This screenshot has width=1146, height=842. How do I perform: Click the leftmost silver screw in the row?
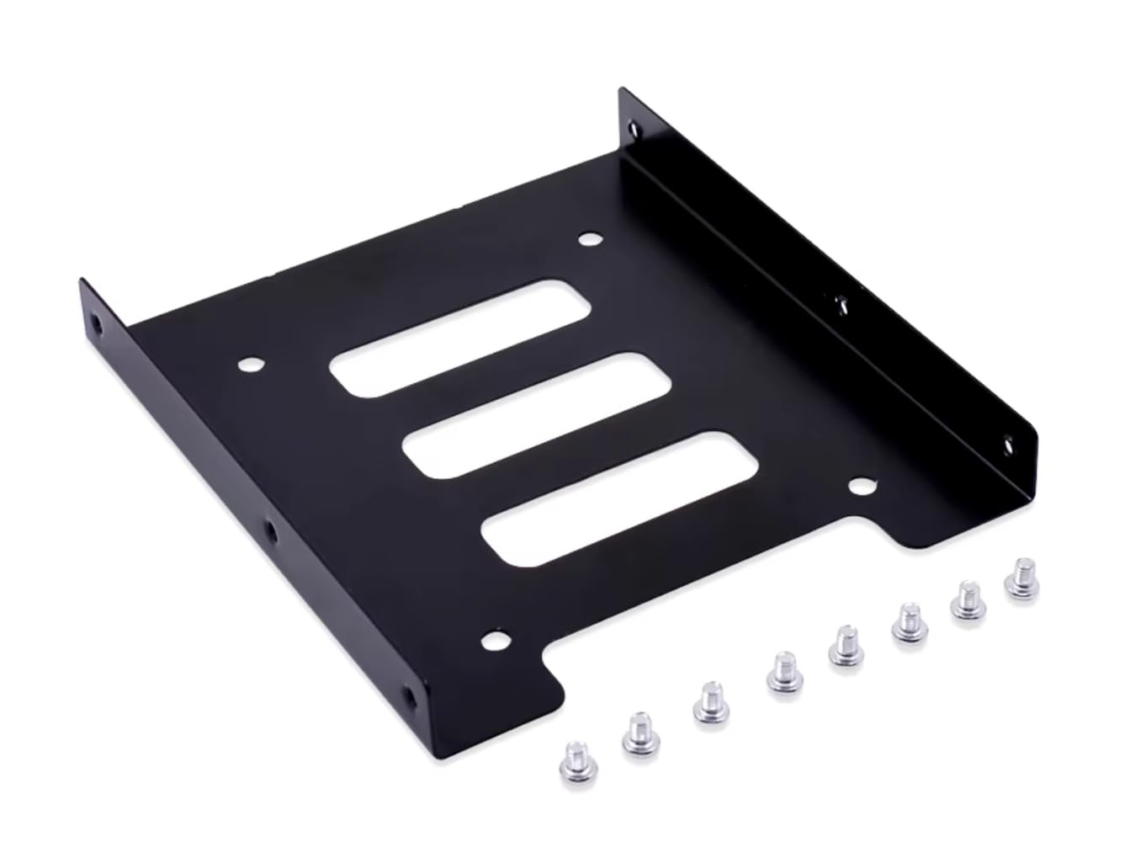[x=576, y=764]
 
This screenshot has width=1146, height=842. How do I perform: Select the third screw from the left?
[x=711, y=701]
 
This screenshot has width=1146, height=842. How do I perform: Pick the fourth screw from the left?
[x=784, y=671]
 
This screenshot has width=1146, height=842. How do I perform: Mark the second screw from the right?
[x=968, y=598]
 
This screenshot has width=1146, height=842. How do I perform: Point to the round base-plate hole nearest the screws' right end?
[x=861, y=486]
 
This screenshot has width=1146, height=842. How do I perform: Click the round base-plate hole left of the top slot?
[x=250, y=365]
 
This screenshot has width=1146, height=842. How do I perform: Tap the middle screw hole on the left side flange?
[x=272, y=530]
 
